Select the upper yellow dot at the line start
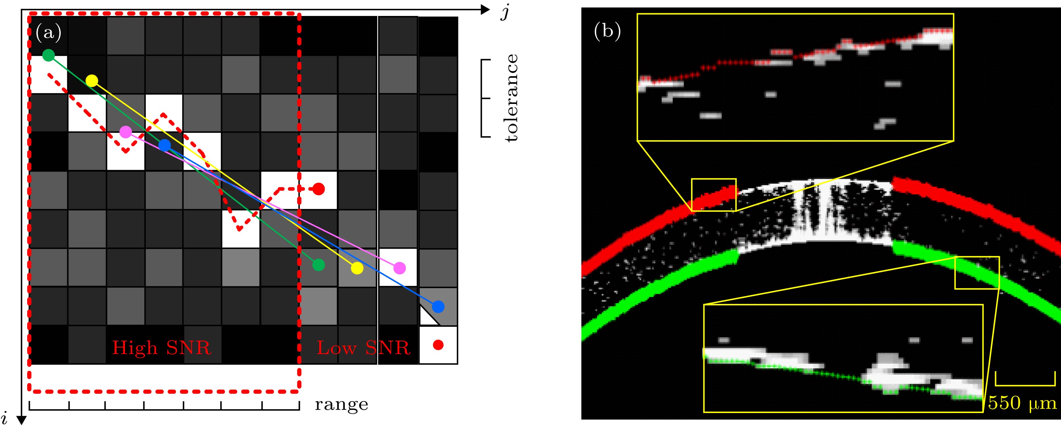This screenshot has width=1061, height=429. [92, 81]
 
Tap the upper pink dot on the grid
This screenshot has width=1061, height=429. [126, 132]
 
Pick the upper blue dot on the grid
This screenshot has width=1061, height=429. [164, 145]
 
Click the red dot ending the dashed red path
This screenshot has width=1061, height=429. [318, 189]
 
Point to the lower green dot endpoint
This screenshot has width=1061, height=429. [318, 265]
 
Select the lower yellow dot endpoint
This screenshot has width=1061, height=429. [357, 268]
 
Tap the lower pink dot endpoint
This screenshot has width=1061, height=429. [399, 268]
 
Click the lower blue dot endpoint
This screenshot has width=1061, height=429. [438, 307]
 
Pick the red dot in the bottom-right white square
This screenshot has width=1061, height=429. [438, 345]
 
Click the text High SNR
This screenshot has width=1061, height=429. [161, 348]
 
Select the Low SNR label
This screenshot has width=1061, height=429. [363, 348]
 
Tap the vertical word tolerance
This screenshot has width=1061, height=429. [511, 98]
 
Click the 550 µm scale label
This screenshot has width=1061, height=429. [1022, 403]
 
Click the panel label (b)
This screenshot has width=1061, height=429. [607, 31]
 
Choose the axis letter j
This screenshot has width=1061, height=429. [505, 12]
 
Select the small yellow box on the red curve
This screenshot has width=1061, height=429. [713, 195]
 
